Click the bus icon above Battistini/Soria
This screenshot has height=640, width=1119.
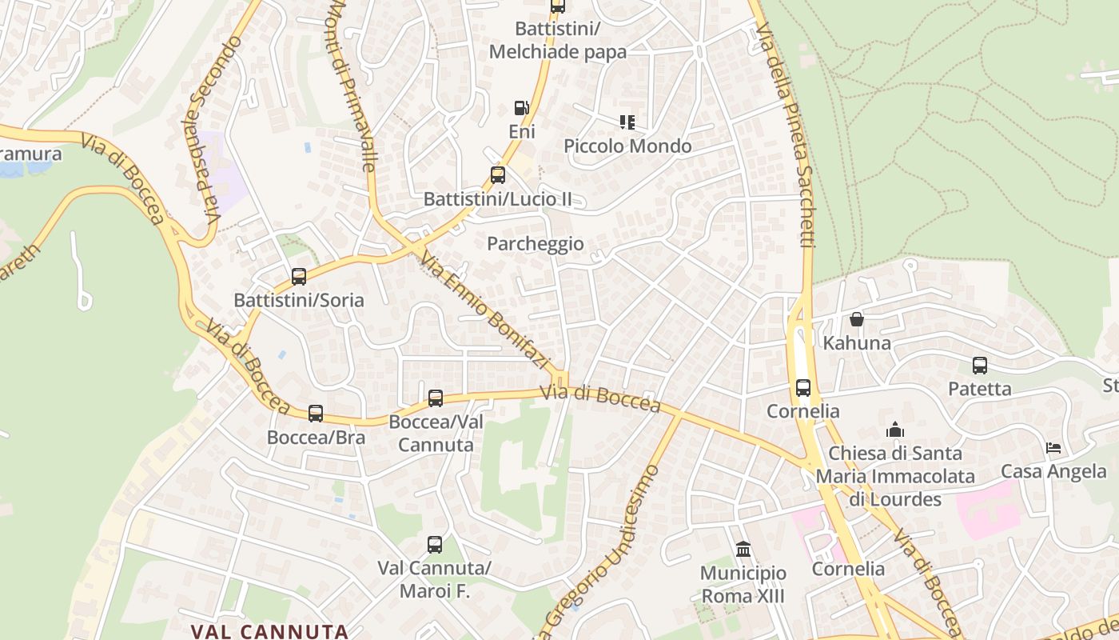coord(299,277)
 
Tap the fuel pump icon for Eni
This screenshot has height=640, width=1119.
coord(521,107)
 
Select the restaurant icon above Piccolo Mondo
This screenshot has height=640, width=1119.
coord(627,122)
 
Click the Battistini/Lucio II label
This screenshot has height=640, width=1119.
coord(497,199)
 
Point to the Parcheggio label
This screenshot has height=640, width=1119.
coord(536,244)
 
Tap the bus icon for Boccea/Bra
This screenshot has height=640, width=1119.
coord(316,414)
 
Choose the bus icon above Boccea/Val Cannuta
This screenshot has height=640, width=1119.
coord(436,398)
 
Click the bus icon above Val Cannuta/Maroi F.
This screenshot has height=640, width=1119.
coord(435,545)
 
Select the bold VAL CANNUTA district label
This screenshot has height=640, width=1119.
coord(269,631)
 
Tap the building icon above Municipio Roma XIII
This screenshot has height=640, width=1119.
coord(743,550)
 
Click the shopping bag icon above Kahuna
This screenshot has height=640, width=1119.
coord(857,319)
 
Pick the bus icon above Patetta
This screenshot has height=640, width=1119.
coord(980,366)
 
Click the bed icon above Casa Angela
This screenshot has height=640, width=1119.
coord(1053,448)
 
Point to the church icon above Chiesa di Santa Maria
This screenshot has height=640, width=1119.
coord(895,430)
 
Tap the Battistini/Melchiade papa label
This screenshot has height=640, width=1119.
coord(558,40)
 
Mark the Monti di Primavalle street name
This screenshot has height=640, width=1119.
coord(352,84)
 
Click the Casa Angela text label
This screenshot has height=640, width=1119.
coord(1053,471)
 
